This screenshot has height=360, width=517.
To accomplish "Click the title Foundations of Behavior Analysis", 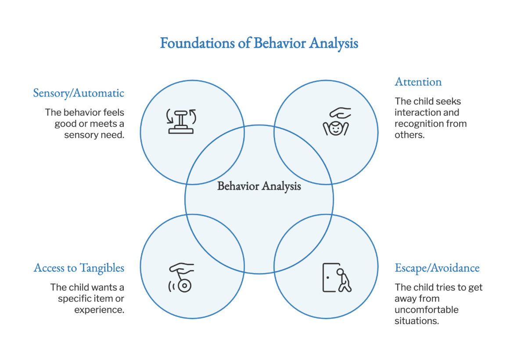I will pos(258,43).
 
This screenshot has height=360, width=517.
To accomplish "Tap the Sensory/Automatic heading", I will pos(79,93).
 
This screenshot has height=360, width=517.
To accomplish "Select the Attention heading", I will pos(418,82).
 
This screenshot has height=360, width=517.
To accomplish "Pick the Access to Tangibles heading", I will pos(79,268).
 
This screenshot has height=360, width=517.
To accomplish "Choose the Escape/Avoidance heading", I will pos(437,268).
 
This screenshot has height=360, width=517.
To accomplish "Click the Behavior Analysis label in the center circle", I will pos(259,186).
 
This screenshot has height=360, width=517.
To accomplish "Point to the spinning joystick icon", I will pos(181,121).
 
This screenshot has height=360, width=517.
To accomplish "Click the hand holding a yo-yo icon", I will pos(182,277).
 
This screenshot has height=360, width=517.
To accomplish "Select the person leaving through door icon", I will pos(337,277).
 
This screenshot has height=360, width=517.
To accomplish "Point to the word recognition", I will pos(415,124).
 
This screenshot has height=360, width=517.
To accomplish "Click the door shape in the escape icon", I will pos(330,277).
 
